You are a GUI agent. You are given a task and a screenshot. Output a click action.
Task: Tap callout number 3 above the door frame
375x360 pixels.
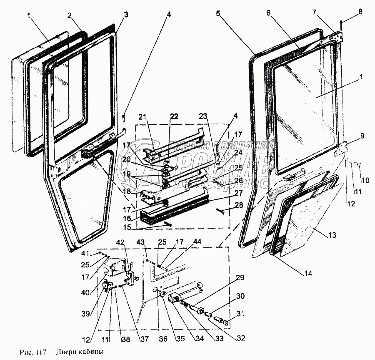(126, 15)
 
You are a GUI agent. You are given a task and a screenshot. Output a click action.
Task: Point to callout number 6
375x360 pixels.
(269, 13)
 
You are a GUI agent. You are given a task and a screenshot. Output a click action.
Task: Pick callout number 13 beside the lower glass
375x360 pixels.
(332, 235)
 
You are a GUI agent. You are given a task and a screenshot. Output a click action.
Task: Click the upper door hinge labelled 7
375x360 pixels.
(336, 36)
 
